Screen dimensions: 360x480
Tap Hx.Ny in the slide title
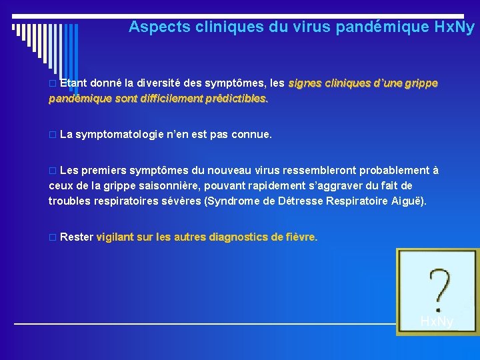pos(454,27)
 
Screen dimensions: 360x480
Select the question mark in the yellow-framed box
pos(437,287)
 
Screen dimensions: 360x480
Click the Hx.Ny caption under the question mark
pos(437,322)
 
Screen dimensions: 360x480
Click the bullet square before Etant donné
pos(53,85)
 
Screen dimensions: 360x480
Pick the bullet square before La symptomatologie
pos(53,135)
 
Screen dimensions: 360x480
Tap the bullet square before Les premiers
pos(53,171)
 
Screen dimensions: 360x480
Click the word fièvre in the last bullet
pos(300,237)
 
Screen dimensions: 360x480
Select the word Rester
pos(76,237)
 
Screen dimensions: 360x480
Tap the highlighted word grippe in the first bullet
pos(419,84)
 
